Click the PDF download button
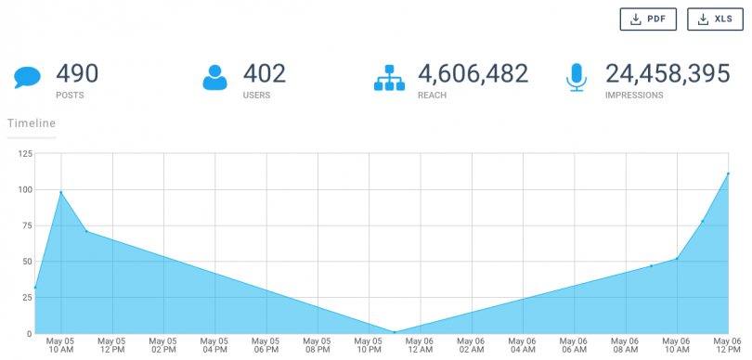click(x=648, y=19)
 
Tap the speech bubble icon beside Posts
click(x=27, y=77)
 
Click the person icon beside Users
click(x=215, y=77)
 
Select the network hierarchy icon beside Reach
click(x=390, y=77)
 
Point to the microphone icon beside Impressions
click(x=577, y=77)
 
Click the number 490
click(x=77, y=72)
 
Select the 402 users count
click(x=264, y=72)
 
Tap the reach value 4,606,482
click(x=473, y=72)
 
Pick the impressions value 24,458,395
click(x=668, y=72)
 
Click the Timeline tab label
click(x=32, y=122)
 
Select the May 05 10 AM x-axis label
click(x=60, y=344)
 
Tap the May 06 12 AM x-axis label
click(x=420, y=344)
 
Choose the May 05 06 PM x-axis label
click(x=266, y=344)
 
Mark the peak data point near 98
click(x=61, y=192)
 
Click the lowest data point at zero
click(x=395, y=332)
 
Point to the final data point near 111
click(x=728, y=174)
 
